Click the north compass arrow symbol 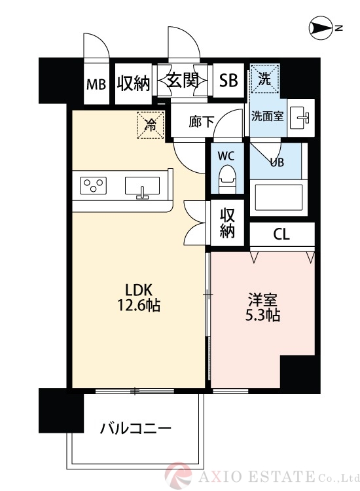pyautogui.click(x=321, y=28)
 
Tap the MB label pyautogui.click(x=96, y=84)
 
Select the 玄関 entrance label pyautogui.click(x=183, y=81)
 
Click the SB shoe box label pyautogui.click(x=228, y=81)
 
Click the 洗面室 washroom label pyautogui.click(x=267, y=117)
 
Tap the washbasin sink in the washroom pyautogui.click(x=300, y=117)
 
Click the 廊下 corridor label pyautogui.click(x=200, y=121)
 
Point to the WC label pyautogui.click(x=226, y=156)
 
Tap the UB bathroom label pyautogui.click(x=277, y=162)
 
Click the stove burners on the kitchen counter pyautogui.click(x=94, y=185)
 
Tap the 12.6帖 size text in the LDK pyautogui.click(x=139, y=305)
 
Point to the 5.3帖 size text pyautogui.click(x=263, y=316)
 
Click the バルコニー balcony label pyautogui.click(x=135, y=429)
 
